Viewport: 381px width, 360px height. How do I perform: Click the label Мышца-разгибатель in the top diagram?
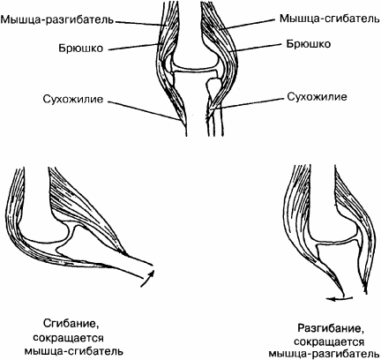[56, 20]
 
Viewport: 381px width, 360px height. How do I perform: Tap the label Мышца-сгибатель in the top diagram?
[329, 19]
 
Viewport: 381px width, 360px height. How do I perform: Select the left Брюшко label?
[81, 48]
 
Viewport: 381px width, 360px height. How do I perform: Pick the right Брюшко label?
[309, 44]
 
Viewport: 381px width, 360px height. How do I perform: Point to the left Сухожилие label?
[73, 99]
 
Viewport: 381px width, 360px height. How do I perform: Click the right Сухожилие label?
[317, 97]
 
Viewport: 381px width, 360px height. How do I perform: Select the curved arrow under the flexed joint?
[148, 276]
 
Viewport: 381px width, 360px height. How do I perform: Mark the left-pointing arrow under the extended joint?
[340, 299]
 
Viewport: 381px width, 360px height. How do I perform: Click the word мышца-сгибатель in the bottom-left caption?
[73, 351]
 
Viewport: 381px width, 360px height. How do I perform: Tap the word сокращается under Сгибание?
[68, 338]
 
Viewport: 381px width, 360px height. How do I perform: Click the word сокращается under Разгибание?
[329, 342]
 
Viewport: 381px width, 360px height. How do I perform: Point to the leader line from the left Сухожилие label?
[144, 111]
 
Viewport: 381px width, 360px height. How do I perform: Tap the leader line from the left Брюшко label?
[133, 48]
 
